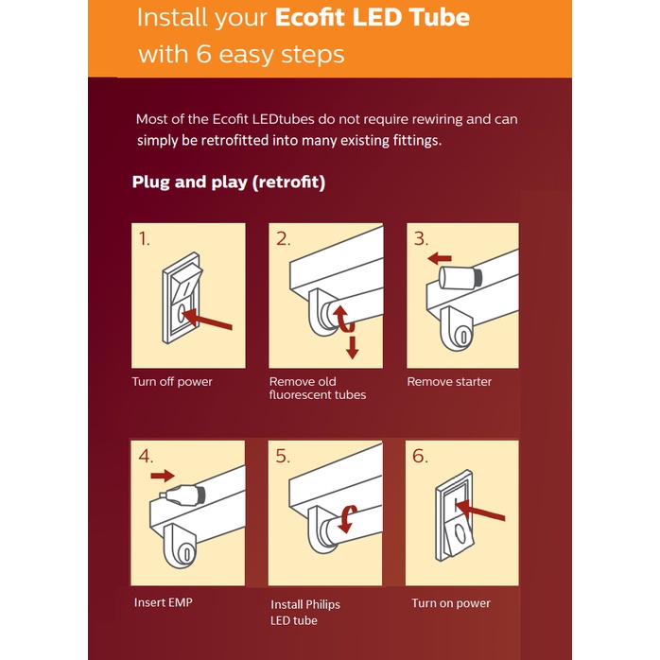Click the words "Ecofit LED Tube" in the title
click(373, 18)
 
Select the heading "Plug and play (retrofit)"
click(229, 182)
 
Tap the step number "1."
click(145, 239)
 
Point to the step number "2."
click(284, 239)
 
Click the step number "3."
click(421, 239)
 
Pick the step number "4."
click(146, 457)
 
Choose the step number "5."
click(283, 457)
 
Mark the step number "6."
click(420, 457)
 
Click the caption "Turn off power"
click(172, 382)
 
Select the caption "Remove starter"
click(449, 382)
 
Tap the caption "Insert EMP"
click(164, 602)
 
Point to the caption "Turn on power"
click(451, 603)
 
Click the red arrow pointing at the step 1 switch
click(207, 319)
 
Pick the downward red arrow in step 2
click(353, 348)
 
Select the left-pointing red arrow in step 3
click(440, 258)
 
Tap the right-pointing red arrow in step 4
click(163, 476)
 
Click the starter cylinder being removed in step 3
click(460, 278)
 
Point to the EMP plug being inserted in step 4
click(182, 495)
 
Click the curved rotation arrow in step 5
click(346, 519)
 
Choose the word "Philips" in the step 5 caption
click(323, 605)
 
